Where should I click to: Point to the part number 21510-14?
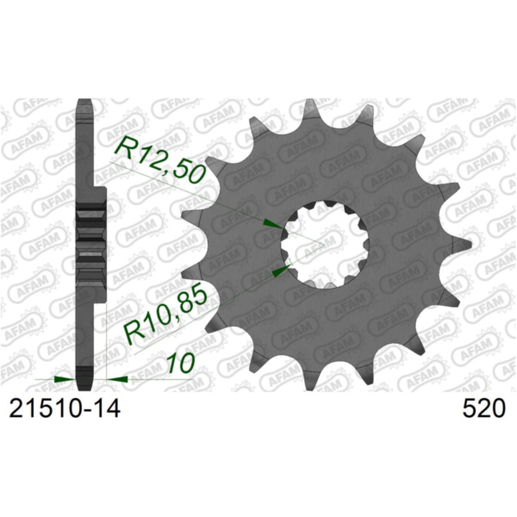(x=64, y=408)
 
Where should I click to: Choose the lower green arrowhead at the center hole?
(x=278, y=271)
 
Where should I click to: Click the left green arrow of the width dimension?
(x=63, y=377)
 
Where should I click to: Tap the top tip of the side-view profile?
(x=84, y=101)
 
